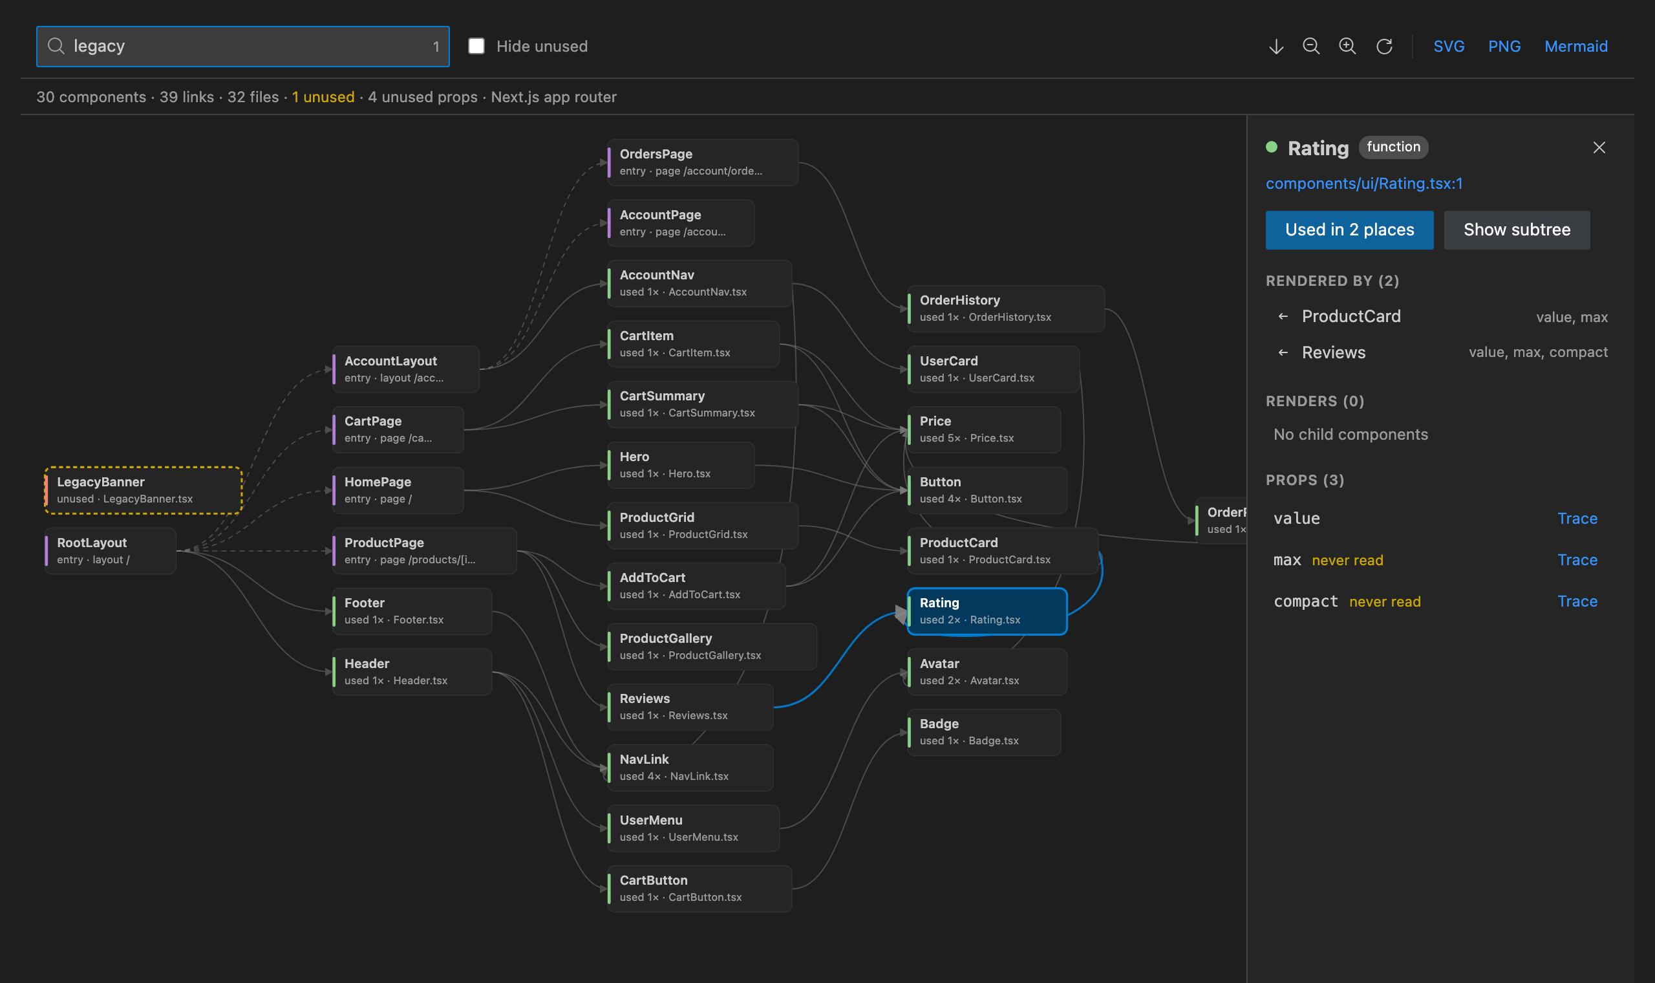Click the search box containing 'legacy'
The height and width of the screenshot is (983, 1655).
tap(242, 47)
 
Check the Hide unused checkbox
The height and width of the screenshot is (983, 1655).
tap(476, 46)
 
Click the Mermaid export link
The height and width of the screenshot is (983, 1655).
tap(1575, 47)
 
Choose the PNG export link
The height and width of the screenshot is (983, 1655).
tap(1504, 47)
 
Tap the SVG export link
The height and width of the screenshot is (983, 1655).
tap(1449, 47)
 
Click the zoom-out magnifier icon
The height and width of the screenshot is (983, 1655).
tap(1311, 47)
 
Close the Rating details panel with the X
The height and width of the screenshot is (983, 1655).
tap(1599, 147)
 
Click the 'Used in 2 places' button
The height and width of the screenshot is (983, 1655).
tap(1349, 230)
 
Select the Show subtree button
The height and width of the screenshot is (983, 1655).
tap(1517, 230)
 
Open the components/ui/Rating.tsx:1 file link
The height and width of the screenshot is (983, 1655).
tap(1363, 184)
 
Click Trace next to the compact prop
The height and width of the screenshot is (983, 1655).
tap(1577, 601)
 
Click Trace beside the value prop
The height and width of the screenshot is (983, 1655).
tap(1577, 519)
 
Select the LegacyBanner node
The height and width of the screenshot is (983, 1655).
tap(143, 490)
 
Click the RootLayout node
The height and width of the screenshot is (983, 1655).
tap(110, 550)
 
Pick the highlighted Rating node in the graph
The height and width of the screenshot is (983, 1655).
tap(987, 611)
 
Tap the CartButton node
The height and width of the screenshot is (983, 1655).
tap(699, 889)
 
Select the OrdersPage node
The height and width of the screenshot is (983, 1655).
tap(702, 162)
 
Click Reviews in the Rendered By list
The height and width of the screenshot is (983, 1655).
tap(1333, 352)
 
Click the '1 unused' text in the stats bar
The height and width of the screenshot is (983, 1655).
tap(323, 97)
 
